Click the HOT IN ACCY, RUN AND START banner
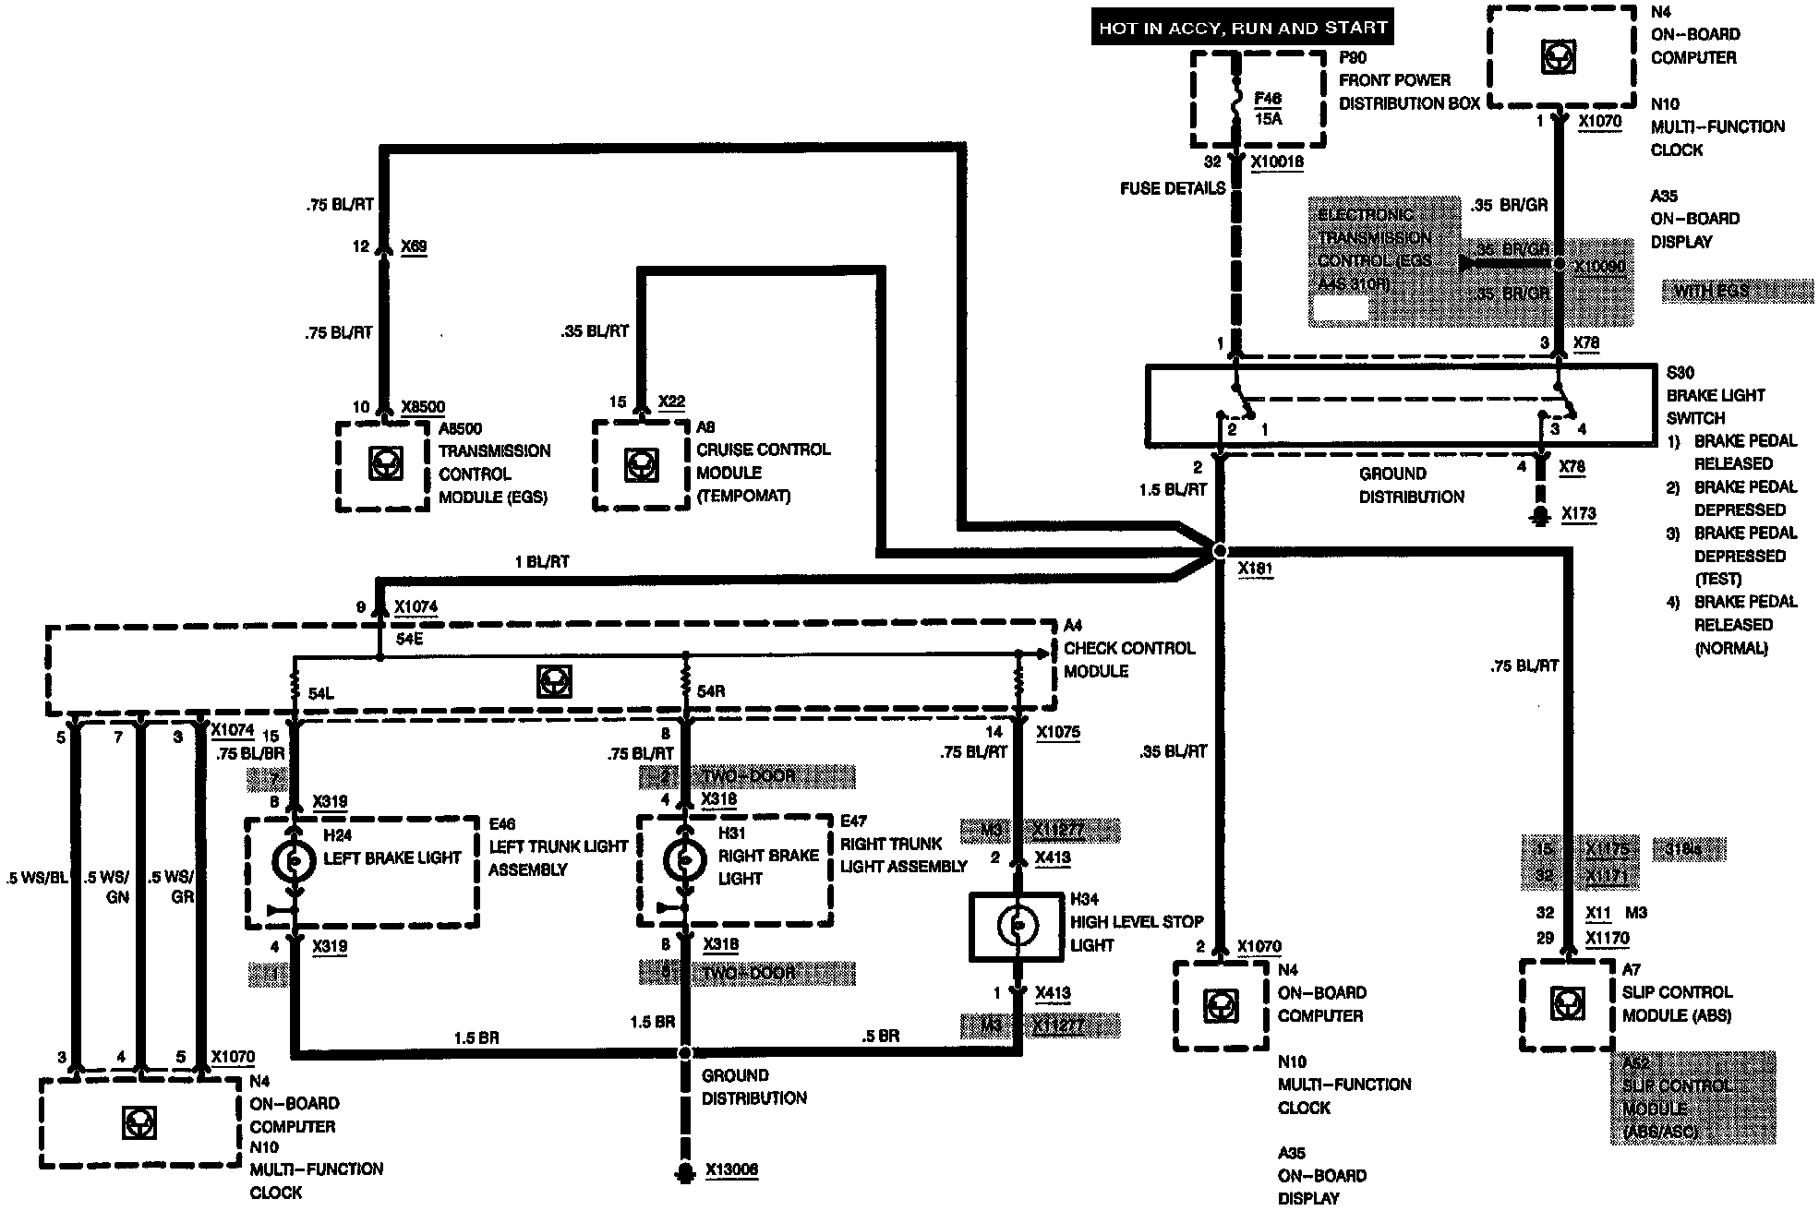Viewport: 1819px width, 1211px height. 1242,28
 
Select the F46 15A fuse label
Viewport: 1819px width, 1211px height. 1268,108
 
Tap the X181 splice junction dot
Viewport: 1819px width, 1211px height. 1220,550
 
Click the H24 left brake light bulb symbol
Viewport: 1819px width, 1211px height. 295,860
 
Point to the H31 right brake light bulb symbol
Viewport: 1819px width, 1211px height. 685,860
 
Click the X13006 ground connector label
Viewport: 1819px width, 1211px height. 731,1170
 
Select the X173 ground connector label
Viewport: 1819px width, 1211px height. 1578,513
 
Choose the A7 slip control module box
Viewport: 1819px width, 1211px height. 1566,1004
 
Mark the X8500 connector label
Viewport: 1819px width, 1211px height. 423,406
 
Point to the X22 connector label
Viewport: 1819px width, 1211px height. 671,402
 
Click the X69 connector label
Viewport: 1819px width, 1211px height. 414,246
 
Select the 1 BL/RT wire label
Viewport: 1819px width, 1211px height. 542,561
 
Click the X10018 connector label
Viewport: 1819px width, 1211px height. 1277,162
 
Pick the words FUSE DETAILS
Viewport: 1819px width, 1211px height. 1173,188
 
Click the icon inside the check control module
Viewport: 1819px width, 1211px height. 553,681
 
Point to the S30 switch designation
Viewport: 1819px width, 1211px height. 1680,373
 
